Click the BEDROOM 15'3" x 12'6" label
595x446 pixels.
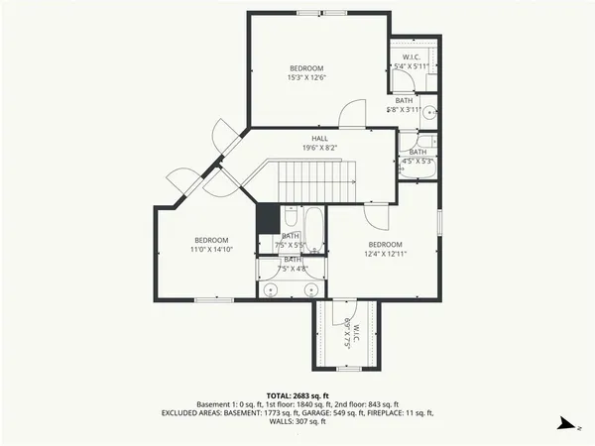307,72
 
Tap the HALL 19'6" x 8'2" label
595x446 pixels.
319,143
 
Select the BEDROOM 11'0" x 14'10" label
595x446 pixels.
211,245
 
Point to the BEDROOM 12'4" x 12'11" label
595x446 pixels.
385,250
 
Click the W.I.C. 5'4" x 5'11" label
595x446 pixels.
411,61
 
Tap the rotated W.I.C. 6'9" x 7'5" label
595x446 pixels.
346,334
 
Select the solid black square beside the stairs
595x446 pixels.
267,217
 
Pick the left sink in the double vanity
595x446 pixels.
271,289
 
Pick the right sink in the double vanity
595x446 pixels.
310,289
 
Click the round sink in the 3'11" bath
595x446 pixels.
429,113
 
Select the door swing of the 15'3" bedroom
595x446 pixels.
353,113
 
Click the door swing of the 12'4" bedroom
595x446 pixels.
380,209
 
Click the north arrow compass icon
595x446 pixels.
563,423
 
